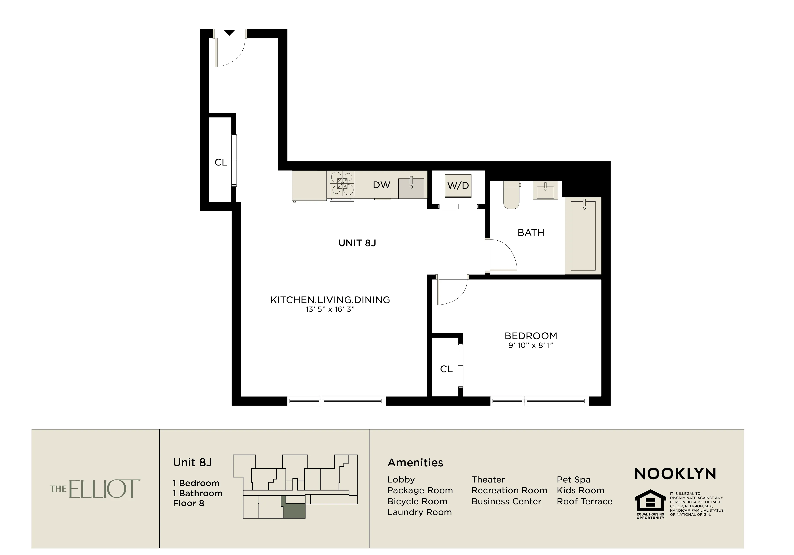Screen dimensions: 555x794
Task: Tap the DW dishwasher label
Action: (x=381, y=185)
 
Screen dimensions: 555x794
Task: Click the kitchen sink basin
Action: (x=411, y=188)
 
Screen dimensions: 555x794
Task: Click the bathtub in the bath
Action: (x=583, y=236)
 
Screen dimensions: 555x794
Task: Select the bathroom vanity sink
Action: (x=545, y=190)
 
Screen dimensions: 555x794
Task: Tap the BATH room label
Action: (x=531, y=233)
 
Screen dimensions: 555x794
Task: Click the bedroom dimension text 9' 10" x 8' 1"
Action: (x=531, y=345)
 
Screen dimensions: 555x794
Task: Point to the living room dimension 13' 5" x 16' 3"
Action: (x=330, y=309)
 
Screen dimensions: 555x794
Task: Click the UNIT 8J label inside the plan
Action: (x=357, y=243)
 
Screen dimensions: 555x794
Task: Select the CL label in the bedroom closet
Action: (x=446, y=369)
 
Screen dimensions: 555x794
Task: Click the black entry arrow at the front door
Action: (x=229, y=33)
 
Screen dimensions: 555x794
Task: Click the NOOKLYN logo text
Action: (x=675, y=474)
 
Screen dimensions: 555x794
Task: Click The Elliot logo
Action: (x=95, y=489)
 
